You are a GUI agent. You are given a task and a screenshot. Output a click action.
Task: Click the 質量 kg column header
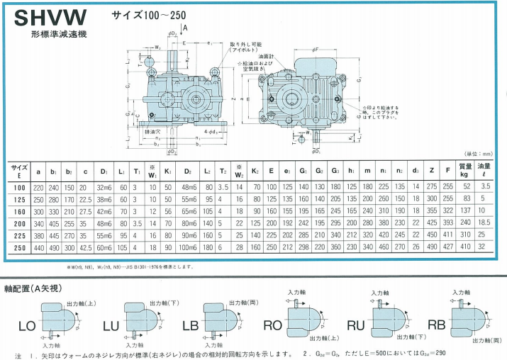tap(466, 169)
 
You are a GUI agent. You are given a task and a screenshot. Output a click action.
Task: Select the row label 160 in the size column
tap(19, 210)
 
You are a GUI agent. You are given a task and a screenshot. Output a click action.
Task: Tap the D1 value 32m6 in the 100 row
tap(104, 186)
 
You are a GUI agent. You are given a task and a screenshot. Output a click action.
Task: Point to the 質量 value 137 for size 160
tap(466, 210)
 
